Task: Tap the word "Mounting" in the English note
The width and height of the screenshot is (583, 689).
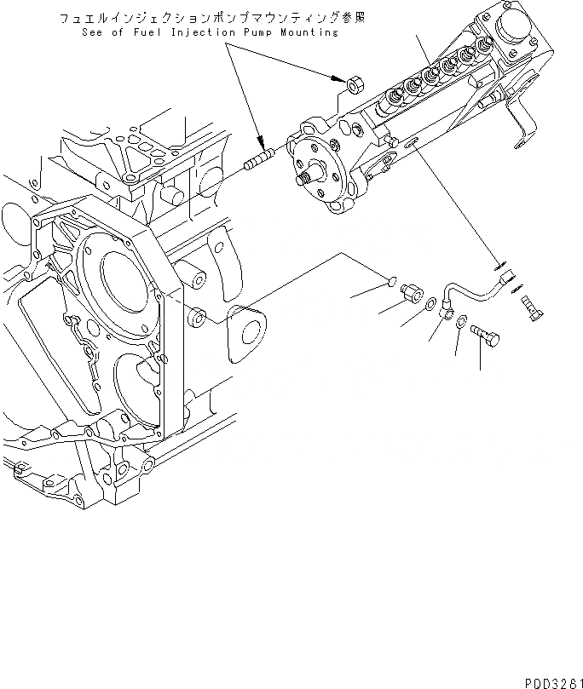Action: [x=304, y=32]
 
